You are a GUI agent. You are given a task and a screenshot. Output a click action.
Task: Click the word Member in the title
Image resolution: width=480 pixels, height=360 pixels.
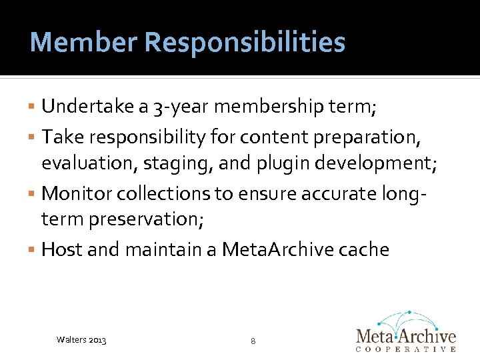click(x=83, y=43)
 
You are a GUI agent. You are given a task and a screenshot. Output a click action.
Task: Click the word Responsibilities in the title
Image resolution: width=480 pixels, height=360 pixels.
click(x=245, y=43)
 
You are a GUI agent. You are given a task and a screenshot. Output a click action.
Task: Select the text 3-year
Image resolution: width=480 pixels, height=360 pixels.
click(x=177, y=107)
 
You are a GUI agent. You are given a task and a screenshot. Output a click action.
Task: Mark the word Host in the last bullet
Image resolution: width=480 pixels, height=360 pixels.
click(x=61, y=249)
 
